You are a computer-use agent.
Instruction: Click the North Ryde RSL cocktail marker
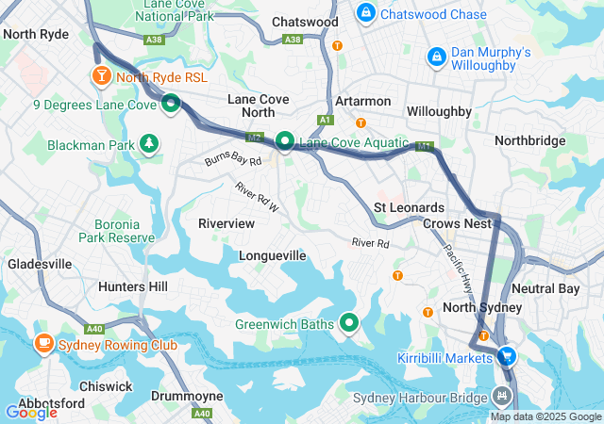(x=100, y=74)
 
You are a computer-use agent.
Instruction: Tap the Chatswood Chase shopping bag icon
(x=365, y=14)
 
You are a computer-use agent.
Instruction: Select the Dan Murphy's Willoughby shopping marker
(x=436, y=57)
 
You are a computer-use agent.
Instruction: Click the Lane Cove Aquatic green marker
(x=284, y=141)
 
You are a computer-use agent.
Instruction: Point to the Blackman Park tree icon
(x=148, y=144)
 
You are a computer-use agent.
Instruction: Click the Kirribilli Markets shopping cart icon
(x=508, y=356)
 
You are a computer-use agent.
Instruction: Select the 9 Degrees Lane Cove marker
(x=171, y=104)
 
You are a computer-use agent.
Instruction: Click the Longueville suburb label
(x=273, y=255)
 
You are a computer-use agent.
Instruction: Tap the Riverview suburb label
(x=226, y=223)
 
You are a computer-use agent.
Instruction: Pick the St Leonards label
(x=408, y=206)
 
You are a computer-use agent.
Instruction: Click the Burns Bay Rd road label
(x=233, y=162)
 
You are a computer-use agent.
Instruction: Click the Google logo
(x=30, y=412)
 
